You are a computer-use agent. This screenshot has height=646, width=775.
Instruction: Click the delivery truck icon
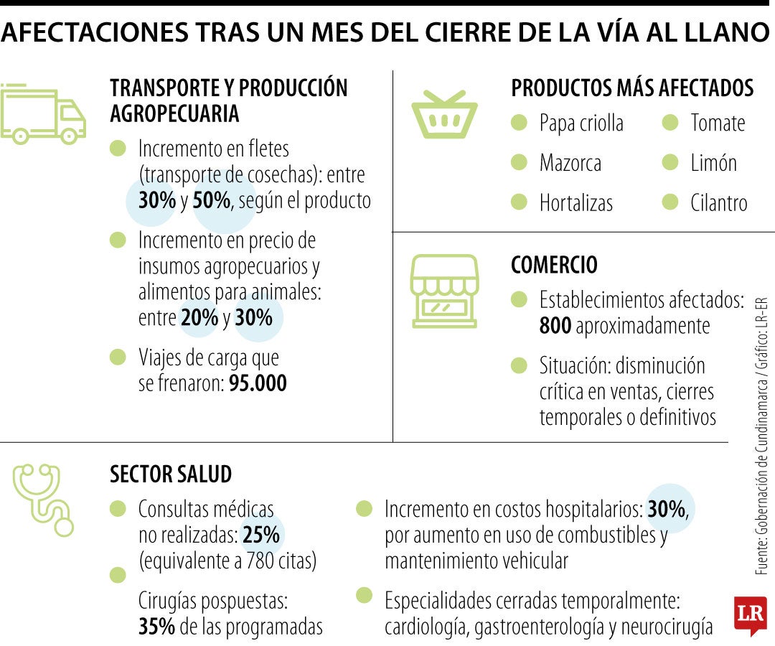pyautogui.click(x=43, y=114)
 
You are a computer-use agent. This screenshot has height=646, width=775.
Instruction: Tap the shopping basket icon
pyautogui.click(x=444, y=115)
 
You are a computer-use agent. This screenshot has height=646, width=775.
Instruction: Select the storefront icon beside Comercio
pyautogui.click(x=443, y=291)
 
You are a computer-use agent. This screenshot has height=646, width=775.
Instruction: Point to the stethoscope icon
pyautogui.click(x=44, y=499)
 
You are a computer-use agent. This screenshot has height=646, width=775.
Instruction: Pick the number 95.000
pyautogui.click(x=258, y=383)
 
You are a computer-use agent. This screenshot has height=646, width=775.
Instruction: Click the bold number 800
pyautogui.click(x=555, y=326)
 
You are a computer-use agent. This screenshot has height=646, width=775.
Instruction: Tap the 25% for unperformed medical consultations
pyautogui.click(x=262, y=535)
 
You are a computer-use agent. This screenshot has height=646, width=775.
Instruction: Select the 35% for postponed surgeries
pyautogui.click(x=156, y=627)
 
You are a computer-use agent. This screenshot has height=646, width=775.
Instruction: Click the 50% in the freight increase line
pyautogui.click(x=212, y=200)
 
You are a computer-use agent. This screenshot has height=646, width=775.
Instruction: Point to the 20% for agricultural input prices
pyautogui.click(x=199, y=317)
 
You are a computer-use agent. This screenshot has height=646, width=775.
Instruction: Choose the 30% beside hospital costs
pyautogui.click(x=667, y=510)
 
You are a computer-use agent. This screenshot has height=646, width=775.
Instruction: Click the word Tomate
pyautogui.click(x=718, y=123)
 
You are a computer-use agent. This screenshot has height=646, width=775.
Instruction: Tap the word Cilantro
pyautogui.click(x=718, y=203)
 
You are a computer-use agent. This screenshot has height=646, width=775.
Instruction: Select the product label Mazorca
pyautogui.click(x=570, y=163)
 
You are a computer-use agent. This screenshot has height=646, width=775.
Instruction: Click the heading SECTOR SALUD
pyautogui.click(x=171, y=474)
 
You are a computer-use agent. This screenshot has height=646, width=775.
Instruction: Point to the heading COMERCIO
pyautogui.click(x=554, y=265)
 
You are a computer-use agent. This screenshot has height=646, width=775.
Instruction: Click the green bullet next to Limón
pyautogui.click(x=670, y=163)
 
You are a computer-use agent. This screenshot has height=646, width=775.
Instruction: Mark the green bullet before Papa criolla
pyautogui.click(x=520, y=123)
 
